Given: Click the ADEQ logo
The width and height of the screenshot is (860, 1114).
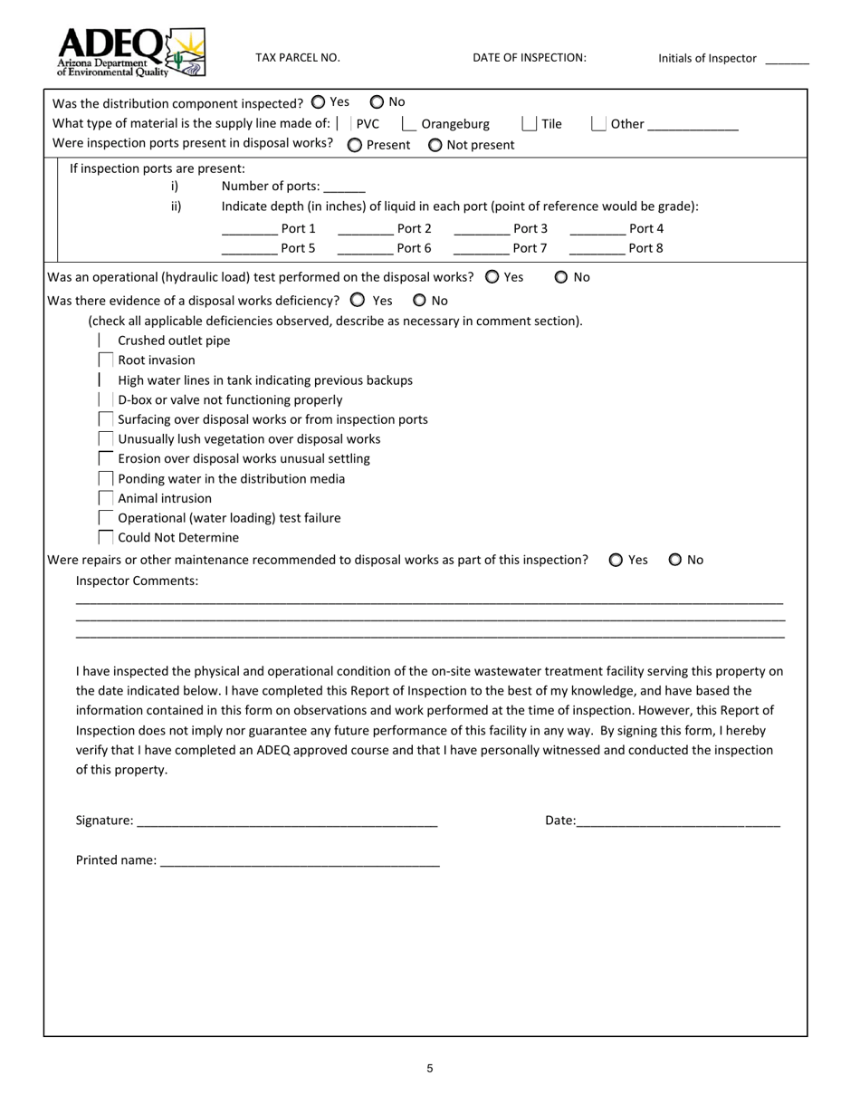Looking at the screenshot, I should [130, 52].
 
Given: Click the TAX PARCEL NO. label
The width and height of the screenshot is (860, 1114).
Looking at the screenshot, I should [298, 57].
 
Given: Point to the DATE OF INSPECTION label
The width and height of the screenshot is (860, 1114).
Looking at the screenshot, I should [530, 57].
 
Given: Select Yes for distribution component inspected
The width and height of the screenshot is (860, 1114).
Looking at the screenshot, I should [318, 102].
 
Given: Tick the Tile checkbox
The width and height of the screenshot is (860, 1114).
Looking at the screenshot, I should [530, 124].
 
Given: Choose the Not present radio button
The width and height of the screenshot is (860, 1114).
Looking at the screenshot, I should [435, 145].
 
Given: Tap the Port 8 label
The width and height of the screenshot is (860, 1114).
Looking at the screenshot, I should [645, 248].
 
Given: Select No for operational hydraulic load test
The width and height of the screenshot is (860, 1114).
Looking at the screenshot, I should [561, 277].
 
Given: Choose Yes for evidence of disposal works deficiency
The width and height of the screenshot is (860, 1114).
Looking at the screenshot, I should [358, 300].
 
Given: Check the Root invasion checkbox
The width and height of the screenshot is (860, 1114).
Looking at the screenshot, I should [106, 360].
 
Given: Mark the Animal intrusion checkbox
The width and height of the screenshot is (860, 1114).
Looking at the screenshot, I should [106, 498].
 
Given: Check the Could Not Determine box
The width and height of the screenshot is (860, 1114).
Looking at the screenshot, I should [106, 538].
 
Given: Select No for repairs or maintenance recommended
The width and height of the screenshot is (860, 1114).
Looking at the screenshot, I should [675, 560].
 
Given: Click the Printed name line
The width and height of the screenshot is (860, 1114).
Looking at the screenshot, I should [300, 861].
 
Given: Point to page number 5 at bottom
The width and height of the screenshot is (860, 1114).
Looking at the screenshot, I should [430, 1069].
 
